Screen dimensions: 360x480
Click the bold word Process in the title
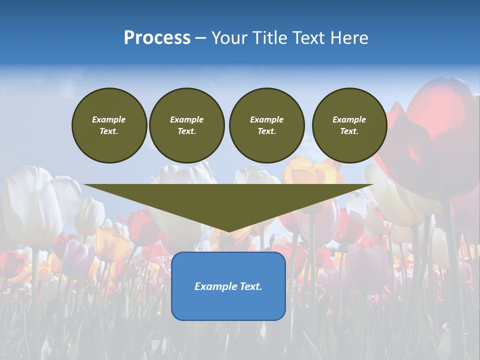coord(157,38)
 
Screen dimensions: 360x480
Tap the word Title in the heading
coord(268,38)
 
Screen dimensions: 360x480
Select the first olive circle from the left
coord(109,125)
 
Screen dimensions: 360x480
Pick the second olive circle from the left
coord(187,125)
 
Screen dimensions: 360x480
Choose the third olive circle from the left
coord(266,125)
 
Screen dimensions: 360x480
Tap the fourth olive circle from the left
coord(349,125)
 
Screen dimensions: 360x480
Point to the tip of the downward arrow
coord(228,231)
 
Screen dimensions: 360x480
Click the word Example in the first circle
coord(109,119)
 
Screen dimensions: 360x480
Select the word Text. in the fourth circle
coord(349,131)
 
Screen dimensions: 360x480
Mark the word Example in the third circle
coord(266,119)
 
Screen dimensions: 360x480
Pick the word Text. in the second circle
coord(187,131)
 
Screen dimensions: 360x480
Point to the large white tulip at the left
coord(30,205)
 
